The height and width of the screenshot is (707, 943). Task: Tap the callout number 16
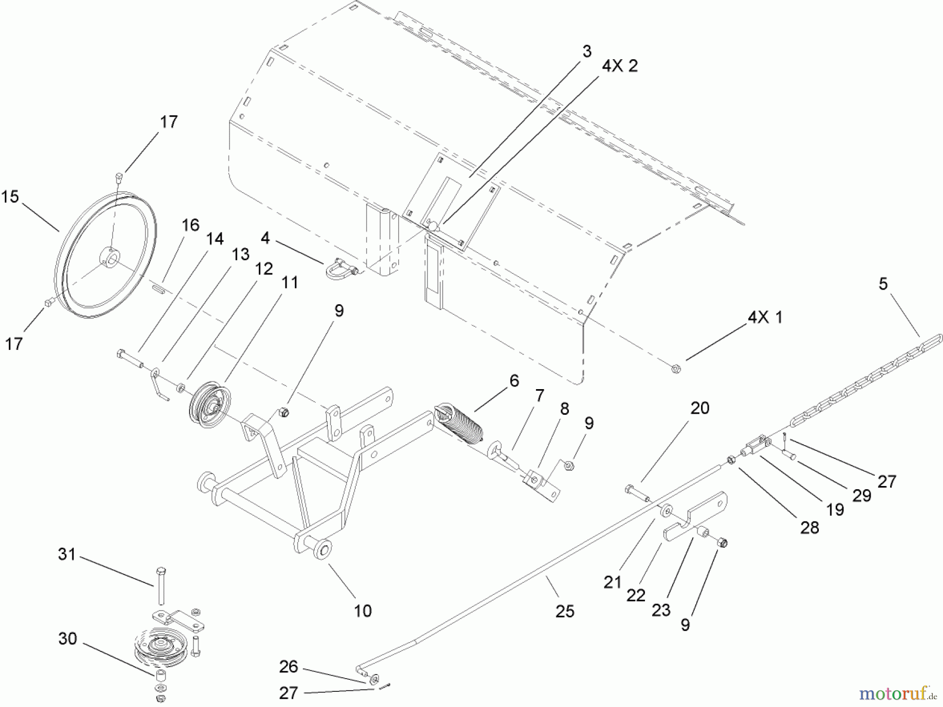[191, 225]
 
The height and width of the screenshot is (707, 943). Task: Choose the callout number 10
[363, 611]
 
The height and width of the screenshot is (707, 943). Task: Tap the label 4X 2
[620, 67]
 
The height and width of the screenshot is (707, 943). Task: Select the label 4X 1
[765, 317]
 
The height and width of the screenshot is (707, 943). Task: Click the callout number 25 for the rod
[565, 611]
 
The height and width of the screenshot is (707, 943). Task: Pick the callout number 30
[68, 639]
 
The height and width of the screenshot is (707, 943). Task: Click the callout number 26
[289, 667]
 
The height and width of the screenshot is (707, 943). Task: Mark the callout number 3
[587, 51]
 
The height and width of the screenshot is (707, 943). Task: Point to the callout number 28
[809, 527]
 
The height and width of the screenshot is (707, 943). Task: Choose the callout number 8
[564, 409]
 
